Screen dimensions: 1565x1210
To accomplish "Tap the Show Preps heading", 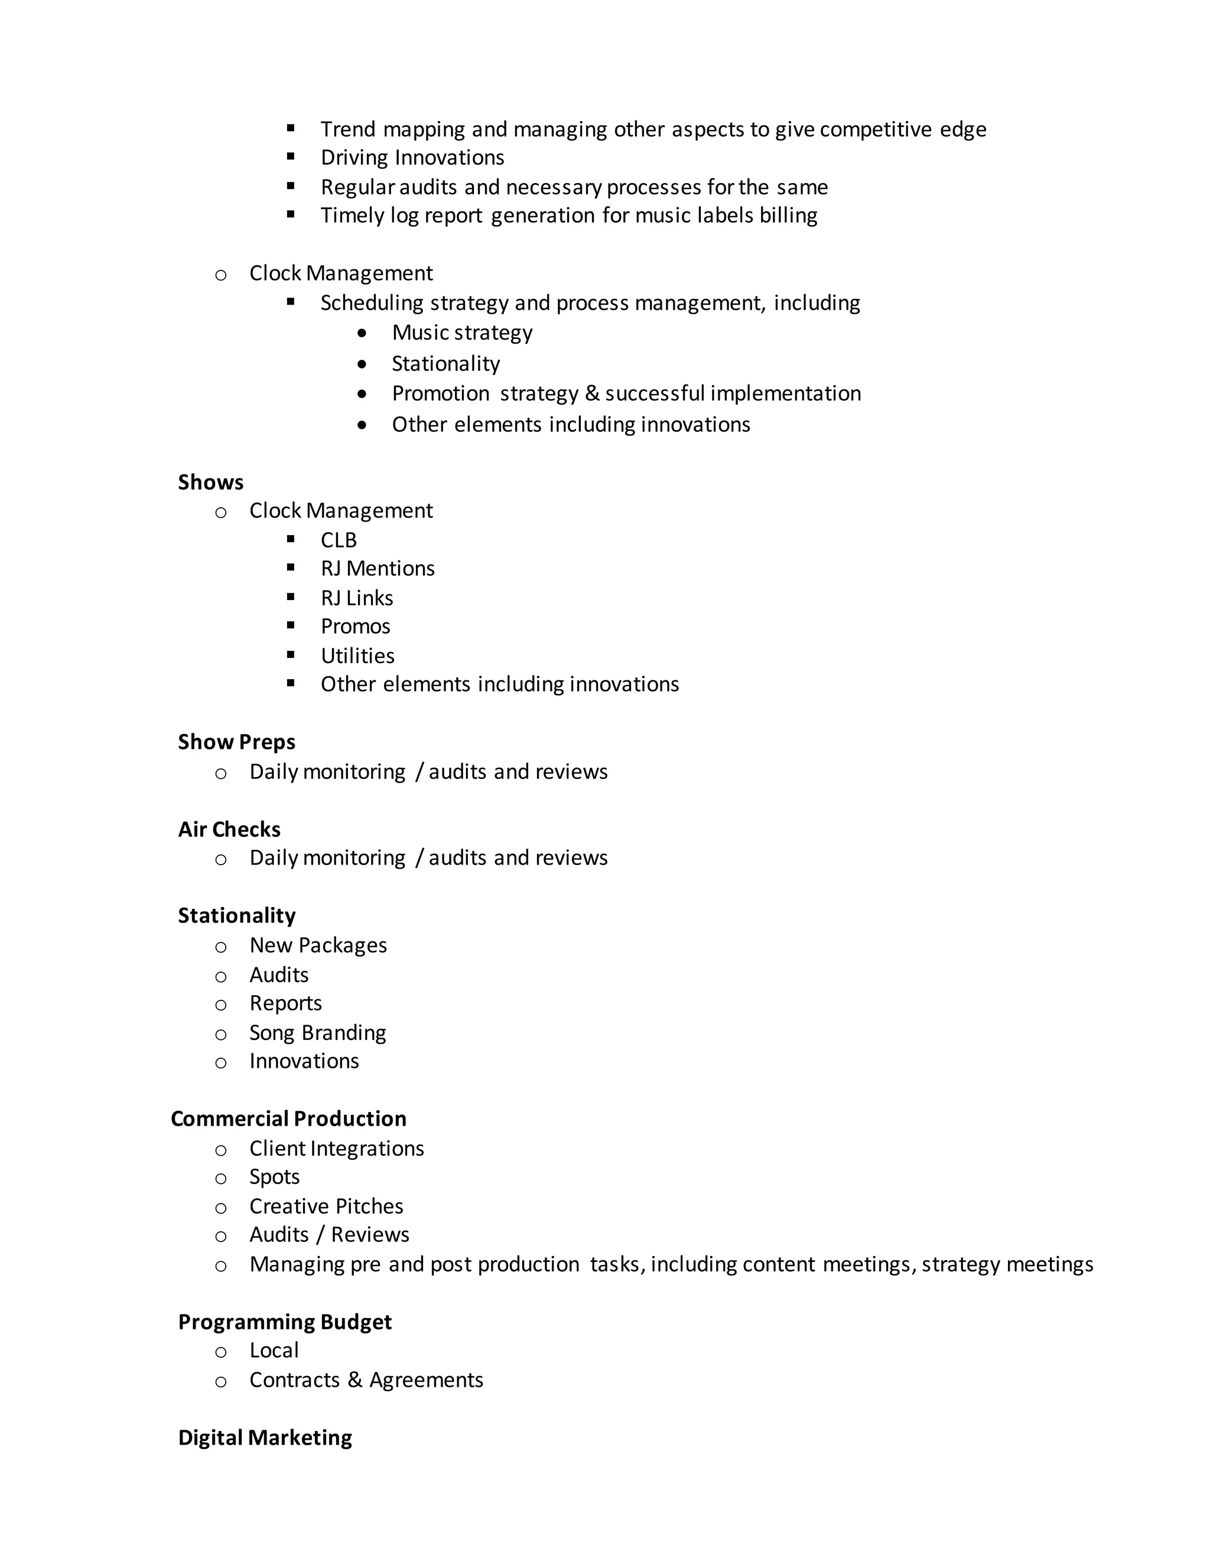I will pos(236,742).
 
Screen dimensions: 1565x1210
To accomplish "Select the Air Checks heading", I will pos(229,829).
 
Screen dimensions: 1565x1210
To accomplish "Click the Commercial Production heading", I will pos(288,1119).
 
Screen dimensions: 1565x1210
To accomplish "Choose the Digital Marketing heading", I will pos(265,1437).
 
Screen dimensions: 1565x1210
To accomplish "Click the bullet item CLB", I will pos(339,540).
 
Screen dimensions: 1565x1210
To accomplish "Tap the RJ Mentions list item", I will pos(377,568).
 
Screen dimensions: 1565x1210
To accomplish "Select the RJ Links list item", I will pos(356,598).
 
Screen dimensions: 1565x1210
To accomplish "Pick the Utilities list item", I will pos(357,656).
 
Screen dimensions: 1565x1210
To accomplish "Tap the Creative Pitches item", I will pos(326,1206).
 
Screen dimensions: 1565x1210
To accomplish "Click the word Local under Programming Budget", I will pos(274,1350).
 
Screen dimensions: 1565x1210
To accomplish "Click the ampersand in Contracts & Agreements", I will pos(355,1380).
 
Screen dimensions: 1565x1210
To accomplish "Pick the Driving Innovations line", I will pos(412,158).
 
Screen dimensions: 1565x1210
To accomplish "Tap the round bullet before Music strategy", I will pos(362,333).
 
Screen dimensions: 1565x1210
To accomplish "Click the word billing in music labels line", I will pos(789,215).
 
